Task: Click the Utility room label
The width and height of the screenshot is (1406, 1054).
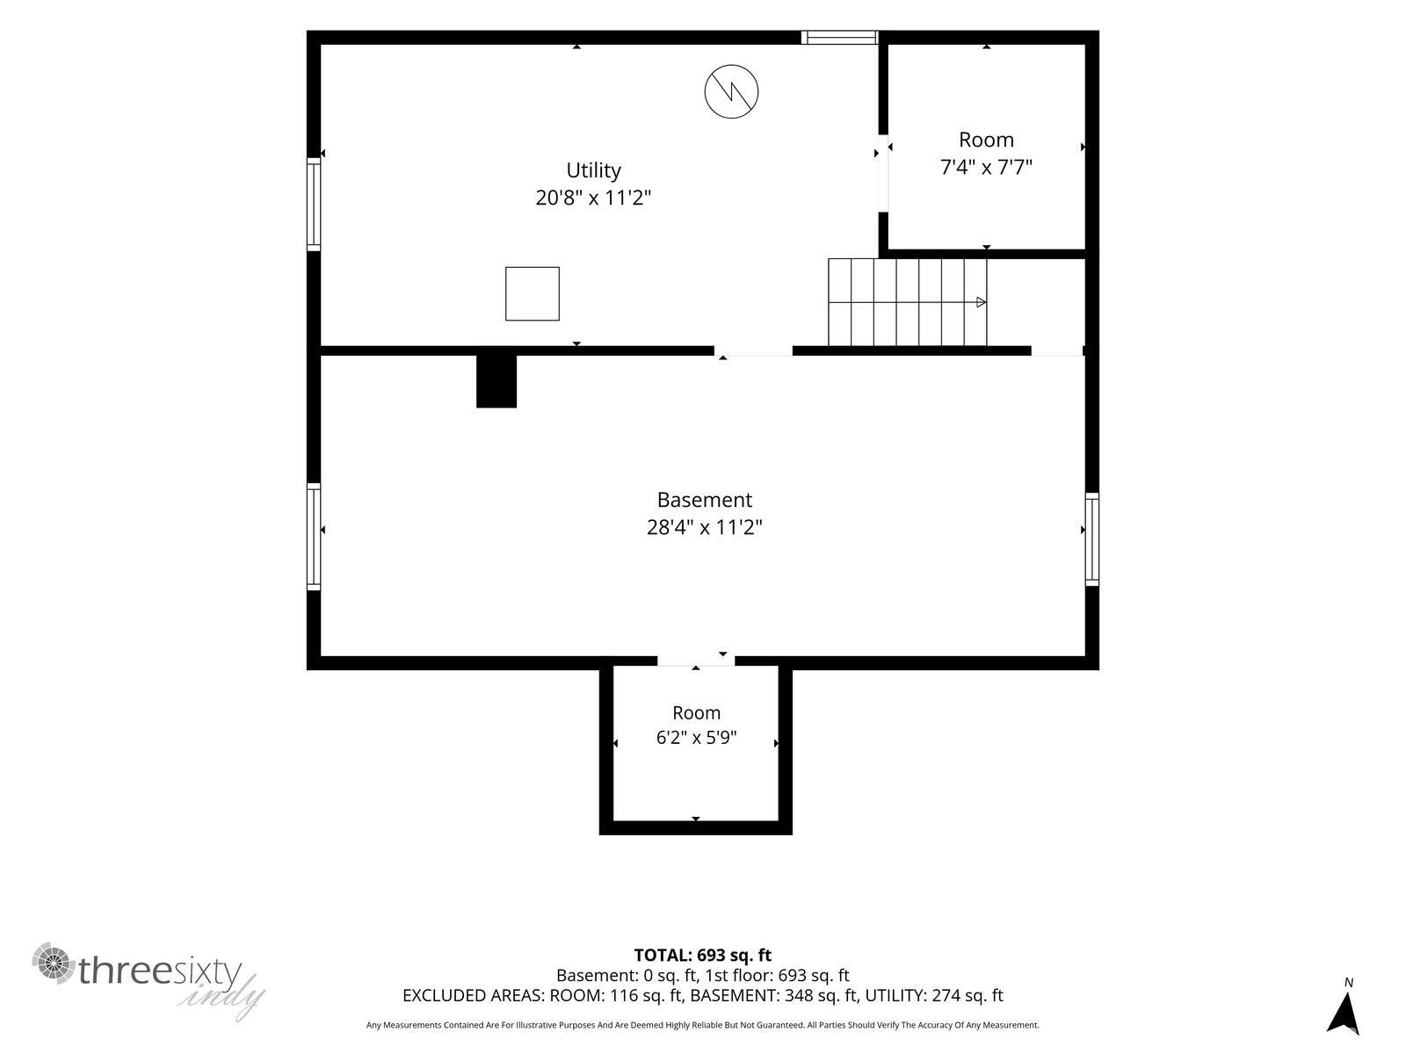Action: point(593,171)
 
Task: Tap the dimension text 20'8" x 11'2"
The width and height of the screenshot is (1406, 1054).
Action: point(593,198)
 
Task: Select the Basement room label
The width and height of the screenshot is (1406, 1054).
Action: point(705,500)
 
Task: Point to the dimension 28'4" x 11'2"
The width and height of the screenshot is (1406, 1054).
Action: point(705,527)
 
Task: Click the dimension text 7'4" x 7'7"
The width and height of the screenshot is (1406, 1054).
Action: point(986,167)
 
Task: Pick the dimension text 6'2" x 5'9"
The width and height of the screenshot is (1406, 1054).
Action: point(696,737)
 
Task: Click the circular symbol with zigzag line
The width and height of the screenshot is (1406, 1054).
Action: point(731,91)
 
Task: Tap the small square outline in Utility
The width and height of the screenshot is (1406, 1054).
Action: point(533,293)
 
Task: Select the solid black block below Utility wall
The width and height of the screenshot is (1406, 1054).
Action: point(496,381)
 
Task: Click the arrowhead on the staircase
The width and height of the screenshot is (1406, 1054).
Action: point(981,302)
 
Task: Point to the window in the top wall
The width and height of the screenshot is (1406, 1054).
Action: point(839,37)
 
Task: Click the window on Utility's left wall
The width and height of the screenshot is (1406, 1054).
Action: point(313,204)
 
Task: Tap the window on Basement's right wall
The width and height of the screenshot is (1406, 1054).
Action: point(1092,538)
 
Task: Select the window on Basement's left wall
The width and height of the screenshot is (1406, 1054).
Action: point(313,537)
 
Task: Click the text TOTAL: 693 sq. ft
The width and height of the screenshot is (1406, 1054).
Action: point(703,956)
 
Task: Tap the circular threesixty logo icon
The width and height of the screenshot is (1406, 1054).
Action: point(54,964)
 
